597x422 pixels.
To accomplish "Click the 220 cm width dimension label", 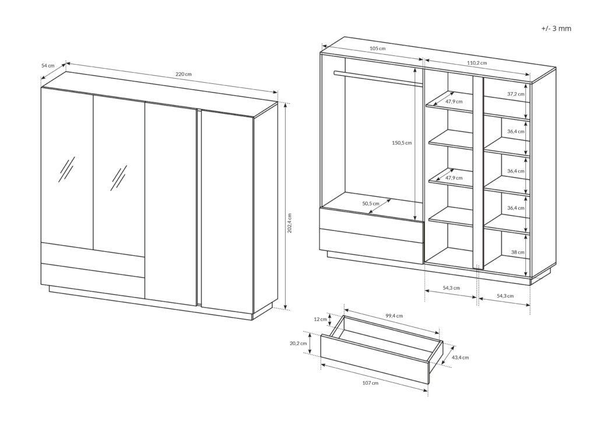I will pos(184,75).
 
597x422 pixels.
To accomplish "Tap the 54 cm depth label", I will pos(48,66).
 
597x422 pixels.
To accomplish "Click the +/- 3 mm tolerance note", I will pos(556,28).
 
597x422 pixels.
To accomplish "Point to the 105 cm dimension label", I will pos(378,49).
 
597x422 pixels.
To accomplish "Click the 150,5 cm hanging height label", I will pos(401,143).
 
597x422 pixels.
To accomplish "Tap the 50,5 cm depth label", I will pos(371,204).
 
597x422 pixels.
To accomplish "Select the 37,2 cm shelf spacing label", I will pos(515,94).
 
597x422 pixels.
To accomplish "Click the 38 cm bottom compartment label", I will pos(517,252).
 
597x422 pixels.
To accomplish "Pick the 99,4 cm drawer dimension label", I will pos(395,316).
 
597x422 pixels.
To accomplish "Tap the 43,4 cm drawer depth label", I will pos(459,357).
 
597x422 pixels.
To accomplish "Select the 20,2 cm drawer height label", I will pos(298,343).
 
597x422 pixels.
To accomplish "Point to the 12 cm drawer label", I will pos(321,319).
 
